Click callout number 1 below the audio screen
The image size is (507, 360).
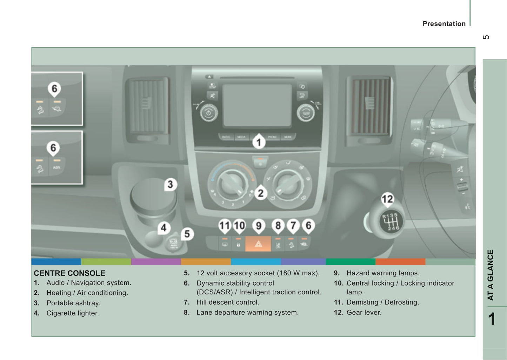pos(259,142)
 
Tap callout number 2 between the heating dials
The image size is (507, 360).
pos(260,193)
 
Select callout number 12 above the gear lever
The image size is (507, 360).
pos(387,199)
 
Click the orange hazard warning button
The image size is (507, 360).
pos(258,244)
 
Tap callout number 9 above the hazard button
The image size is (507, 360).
pos(259,226)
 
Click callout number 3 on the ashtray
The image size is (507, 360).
pos(170,185)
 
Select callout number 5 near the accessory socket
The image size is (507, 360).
pos(187,234)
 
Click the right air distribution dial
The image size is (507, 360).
pos(287,183)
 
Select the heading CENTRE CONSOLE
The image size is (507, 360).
pos(69,273)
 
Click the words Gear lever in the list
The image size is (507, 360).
pos(364,312)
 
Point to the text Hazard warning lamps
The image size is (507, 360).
pos(383,273)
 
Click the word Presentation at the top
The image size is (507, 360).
pos(444,24)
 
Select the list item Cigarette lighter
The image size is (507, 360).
pos(73,313)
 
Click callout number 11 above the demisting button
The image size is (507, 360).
pos(225,226)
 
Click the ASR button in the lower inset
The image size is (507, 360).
pos(56,168)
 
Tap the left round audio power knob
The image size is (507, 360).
pos(209,113)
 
